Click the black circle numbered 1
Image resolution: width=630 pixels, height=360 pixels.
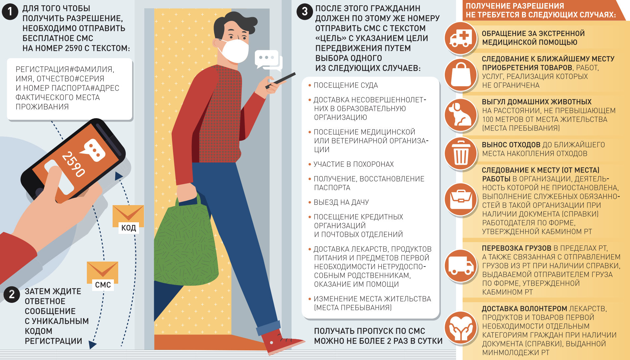[10, 12]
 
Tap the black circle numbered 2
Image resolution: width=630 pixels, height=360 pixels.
[12, 294]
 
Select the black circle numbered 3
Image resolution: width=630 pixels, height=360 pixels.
[304, 12]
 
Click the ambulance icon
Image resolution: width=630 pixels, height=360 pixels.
[461, 38]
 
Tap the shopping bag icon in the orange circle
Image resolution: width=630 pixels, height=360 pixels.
[461, 75]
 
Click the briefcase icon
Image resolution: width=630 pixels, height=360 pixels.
[461, 199]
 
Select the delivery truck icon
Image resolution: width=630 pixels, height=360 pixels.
[461, 266]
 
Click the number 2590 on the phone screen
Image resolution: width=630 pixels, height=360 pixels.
[73, 164]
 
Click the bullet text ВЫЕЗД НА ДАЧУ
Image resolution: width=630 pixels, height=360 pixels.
[341, 202]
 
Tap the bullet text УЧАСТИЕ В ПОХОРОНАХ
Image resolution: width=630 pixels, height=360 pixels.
[354, 164]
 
